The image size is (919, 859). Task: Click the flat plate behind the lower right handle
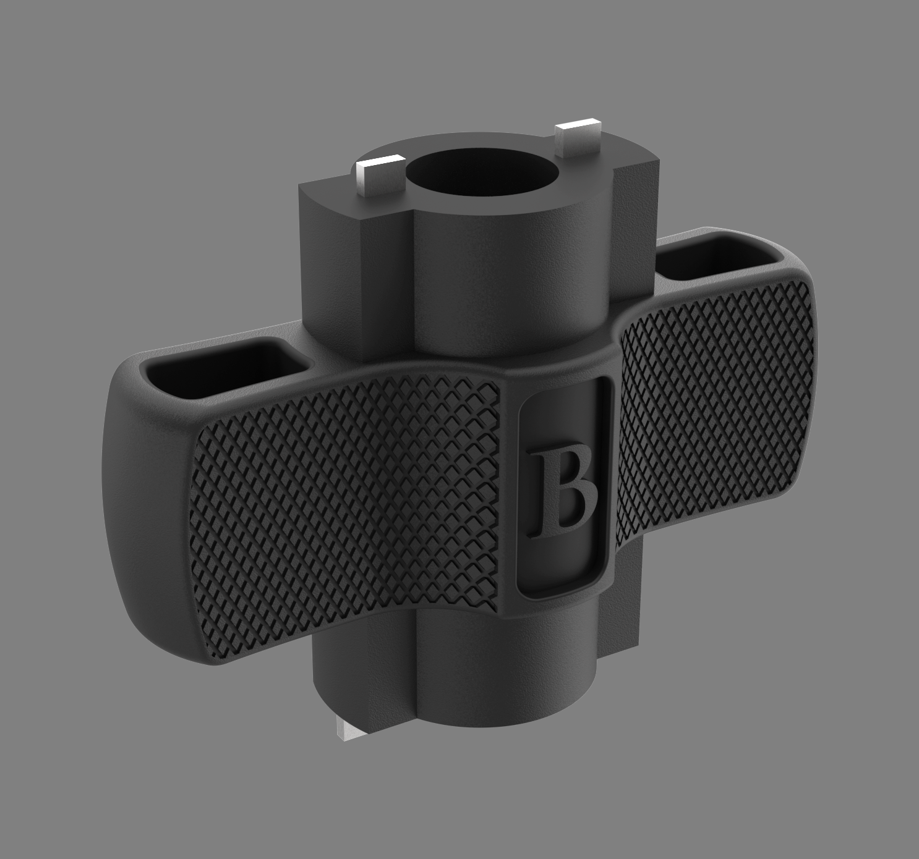coord(628,593)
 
